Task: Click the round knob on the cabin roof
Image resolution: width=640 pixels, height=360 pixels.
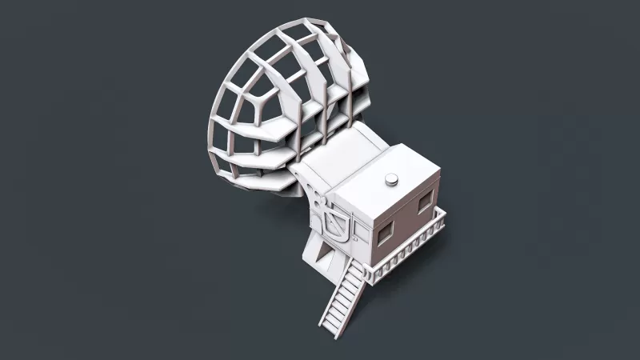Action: coord(392,180)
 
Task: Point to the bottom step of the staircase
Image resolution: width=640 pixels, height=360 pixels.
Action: coord(329,323)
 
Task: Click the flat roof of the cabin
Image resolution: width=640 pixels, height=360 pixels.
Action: coord(384,188)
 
